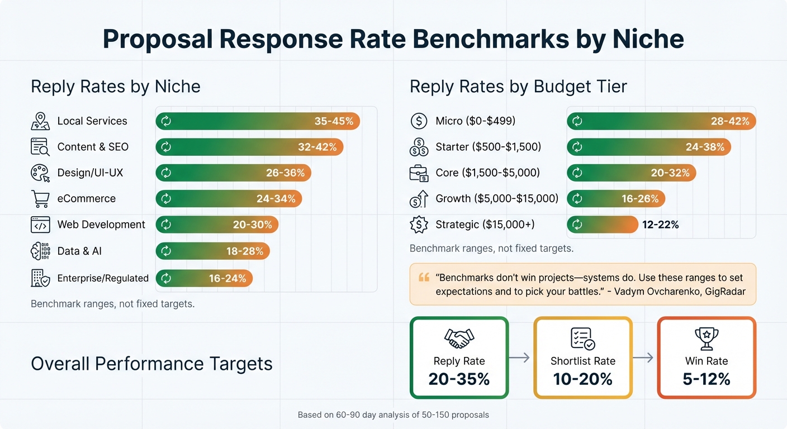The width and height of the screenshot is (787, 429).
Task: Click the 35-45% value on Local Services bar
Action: coord(334,121)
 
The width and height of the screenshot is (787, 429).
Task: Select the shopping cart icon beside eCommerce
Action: coord(40,198)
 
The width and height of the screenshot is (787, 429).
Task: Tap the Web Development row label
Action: coord(101,225)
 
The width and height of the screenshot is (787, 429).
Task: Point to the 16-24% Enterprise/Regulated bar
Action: coord(204,278)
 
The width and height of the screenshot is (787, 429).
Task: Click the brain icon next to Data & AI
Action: coord(40,251)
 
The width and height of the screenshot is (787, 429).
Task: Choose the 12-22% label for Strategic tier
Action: coord(660,225)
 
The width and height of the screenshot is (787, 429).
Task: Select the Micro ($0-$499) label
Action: coord(475,121)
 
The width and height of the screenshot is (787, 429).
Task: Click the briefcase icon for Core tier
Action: coord(419,173)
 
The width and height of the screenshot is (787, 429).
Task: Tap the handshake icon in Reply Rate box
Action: coord(459,337)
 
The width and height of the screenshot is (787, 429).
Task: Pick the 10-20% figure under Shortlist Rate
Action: coord(582,379)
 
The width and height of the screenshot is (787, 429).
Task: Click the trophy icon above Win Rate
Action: coord(706,337)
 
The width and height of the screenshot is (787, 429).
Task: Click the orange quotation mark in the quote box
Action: coord(424,278)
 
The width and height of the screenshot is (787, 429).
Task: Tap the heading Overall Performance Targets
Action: coord(151,364)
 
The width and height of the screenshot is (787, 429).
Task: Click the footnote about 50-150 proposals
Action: coord(393,415)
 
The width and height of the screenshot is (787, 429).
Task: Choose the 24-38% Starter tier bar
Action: coord(648,147)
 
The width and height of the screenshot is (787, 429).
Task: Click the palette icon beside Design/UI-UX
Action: coord(40,173)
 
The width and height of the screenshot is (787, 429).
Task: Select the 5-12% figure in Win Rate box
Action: coord(706,379)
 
